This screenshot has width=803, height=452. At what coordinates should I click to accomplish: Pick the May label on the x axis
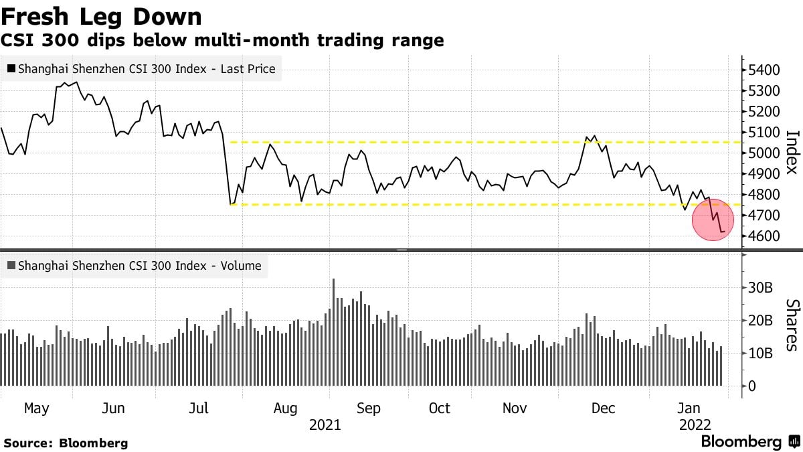coord(36,408)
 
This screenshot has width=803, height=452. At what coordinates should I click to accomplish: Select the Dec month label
coord(604,408)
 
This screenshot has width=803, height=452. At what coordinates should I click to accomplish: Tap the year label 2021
coord(325,425)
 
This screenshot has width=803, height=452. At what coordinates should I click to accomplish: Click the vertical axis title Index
coord(792,153)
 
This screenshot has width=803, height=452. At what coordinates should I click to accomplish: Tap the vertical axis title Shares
coord(792,325)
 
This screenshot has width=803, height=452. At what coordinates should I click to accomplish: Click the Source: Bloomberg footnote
coord(66,443)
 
